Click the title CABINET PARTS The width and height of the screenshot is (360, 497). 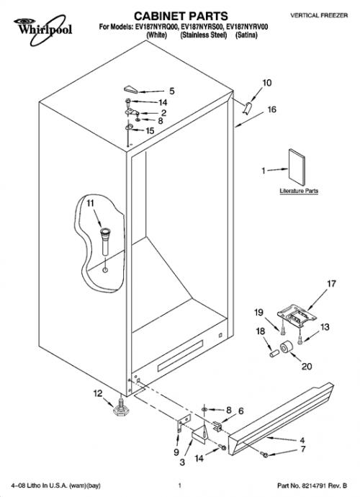point(181,16)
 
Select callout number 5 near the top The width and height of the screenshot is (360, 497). point(172,91)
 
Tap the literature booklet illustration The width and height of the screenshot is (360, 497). point(297,167)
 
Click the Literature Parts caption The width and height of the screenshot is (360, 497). point(299,191)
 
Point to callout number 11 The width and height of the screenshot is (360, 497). point(91,203)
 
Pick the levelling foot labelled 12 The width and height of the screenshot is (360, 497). point(121,408)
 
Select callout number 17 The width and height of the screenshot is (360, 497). point(331,283)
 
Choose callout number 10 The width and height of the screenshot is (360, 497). point(267,83)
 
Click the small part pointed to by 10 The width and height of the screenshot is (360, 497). point(247,107)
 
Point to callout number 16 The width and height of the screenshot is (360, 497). point(272,109)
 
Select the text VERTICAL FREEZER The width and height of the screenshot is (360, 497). point(319,15)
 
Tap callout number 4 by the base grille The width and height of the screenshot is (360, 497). point(302,440)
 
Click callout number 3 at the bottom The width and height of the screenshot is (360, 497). point(182,462)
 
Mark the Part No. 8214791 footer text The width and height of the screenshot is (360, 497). point(312,485)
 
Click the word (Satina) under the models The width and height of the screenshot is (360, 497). point(246,35)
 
